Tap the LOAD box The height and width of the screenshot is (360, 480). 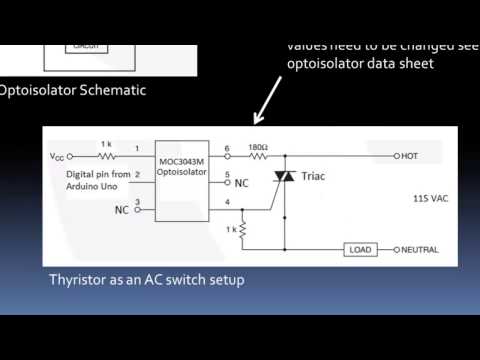[x=360, y=249]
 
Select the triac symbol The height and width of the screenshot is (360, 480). [x=285, y=178]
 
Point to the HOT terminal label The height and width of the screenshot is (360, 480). [x=410, y=156]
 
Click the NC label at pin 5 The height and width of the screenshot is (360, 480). [x=239, y=183]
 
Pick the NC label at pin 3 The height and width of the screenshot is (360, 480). [x=122, y=211]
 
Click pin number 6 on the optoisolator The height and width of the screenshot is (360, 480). [x=227, y=148]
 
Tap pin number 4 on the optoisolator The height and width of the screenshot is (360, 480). [x=227, y=204]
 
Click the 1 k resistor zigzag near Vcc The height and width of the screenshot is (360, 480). [x=105, y=157]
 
